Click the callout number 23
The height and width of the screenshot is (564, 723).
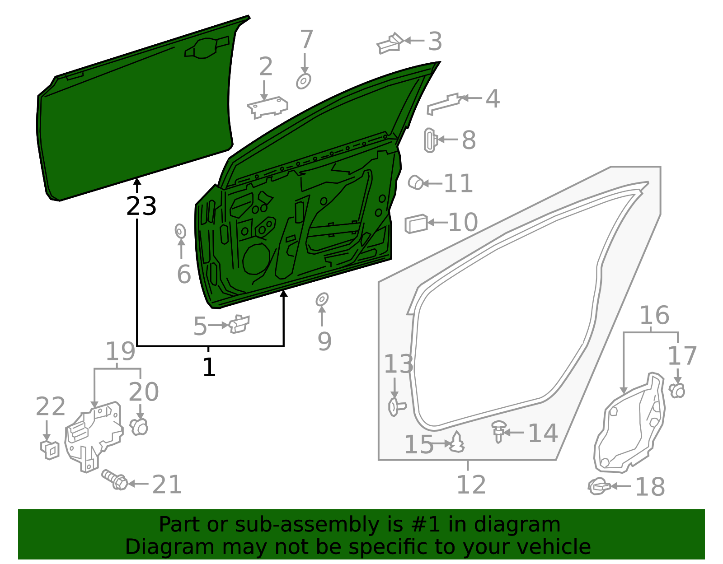coord(141,206)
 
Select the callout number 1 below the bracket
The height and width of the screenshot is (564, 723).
coord(209,367)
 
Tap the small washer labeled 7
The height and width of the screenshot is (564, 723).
coord(304,81)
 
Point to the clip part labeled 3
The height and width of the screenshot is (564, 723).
coord(390,43)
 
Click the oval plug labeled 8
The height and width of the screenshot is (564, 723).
coord(430,140)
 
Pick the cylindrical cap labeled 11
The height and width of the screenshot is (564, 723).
coord(416,182)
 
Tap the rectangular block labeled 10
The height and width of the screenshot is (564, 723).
coord(416,224)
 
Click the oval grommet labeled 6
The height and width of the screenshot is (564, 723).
coord(180,231)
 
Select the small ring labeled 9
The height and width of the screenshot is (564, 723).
coord(322,299)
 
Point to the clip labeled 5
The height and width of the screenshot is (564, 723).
coord(239,324)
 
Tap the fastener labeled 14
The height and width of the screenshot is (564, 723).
coord(498,431)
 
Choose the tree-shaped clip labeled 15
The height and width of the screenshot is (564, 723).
coord(457,443)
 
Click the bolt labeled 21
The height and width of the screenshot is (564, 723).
coord(115,480)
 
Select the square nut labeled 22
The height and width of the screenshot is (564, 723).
coord(50,449)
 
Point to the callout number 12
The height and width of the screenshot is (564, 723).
coord(471,485)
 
